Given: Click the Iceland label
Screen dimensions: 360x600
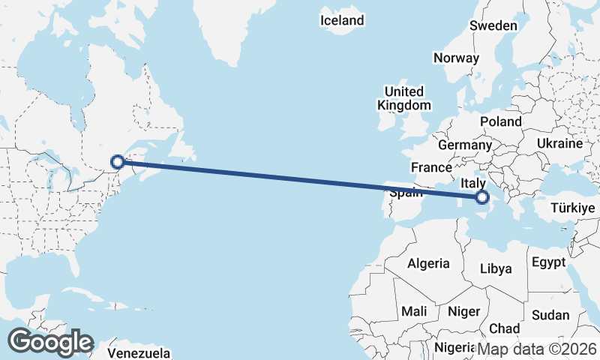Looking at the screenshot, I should point(341,21).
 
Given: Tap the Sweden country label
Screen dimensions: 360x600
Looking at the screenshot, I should point(493,25).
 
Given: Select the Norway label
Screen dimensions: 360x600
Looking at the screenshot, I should point(456,58).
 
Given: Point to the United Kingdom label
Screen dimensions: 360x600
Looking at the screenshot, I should point(404,98).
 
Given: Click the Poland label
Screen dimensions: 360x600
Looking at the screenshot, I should point(501,121).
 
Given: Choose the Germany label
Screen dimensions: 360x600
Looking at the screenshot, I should point(464,145).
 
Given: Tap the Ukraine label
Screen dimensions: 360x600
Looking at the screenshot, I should point(559,143).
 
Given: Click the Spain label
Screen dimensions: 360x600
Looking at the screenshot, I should point(406,192).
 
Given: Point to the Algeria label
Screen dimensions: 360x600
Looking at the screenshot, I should point(428,263).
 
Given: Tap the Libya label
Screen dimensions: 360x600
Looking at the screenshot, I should point(495,268).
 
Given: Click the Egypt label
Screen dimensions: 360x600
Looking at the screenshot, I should point(547,262).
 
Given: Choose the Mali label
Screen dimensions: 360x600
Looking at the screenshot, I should point(414,310).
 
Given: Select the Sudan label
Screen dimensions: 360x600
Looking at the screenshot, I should point(550,315).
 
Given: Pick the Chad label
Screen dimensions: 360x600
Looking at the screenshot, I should point(504,328).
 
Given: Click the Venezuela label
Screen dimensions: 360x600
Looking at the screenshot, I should point(139,353).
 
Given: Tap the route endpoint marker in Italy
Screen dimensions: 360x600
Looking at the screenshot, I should point(481,197).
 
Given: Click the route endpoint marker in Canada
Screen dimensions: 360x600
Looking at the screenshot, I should point(117,161).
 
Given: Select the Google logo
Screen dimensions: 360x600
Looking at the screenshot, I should point(50,342).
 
